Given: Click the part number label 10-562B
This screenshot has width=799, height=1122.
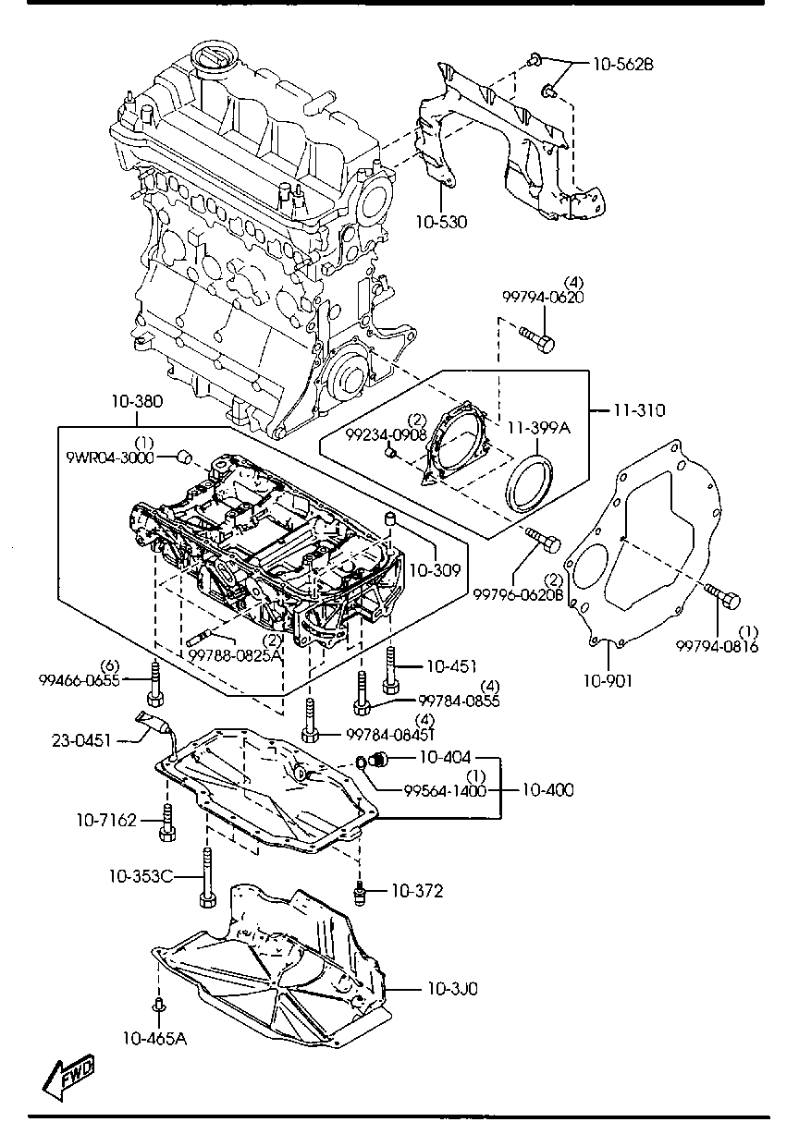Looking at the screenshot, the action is pos(623,65).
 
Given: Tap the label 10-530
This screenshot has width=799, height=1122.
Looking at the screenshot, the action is pos(441,222).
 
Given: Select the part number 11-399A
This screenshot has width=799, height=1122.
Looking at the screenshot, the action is pos(539,428).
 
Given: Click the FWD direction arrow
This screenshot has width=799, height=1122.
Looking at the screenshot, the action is pos(69,1078).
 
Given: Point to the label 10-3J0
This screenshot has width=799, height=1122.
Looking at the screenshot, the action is pos(452,988).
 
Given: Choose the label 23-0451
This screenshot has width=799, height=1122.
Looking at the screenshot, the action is pos(81,740).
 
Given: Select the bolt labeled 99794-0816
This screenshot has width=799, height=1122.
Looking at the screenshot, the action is pos(723,594).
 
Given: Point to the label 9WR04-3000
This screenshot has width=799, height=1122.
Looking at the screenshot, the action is pos(110,457).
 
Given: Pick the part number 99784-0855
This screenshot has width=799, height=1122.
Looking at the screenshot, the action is pos(459,701).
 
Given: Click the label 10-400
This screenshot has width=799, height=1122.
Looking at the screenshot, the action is pos(547,790).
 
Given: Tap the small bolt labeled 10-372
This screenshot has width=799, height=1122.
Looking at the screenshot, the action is pos(359,893).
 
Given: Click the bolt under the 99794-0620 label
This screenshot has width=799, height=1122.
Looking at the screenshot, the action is pos(537,339).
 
